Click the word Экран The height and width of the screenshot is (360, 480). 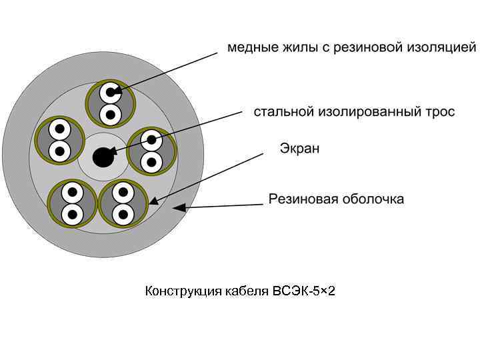click(298, 148)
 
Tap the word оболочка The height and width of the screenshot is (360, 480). click(374, 199)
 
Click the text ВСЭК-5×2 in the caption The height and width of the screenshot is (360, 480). click(303, 291)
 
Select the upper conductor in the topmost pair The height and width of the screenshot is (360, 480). click(109, 91)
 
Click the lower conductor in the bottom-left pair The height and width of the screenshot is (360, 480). click(71, 214)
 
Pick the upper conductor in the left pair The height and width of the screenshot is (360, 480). click(59, 128)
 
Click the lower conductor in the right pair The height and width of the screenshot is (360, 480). click(151, 161)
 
